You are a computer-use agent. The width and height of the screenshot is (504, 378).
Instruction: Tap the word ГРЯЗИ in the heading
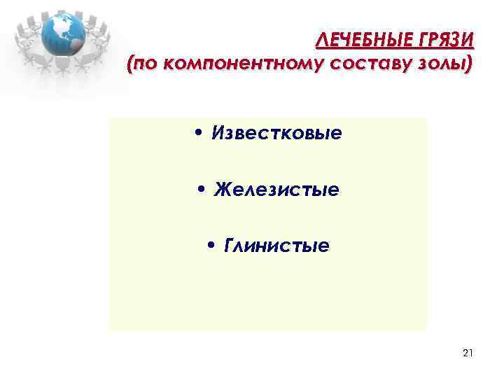(445, 39)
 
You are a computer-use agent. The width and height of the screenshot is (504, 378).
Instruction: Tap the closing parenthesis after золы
(469, 65)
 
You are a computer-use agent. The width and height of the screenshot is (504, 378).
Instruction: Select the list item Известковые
(277, 133)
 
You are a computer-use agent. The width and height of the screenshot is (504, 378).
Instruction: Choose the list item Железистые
(276, 190)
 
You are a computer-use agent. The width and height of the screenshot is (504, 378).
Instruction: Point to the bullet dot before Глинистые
(212, 247)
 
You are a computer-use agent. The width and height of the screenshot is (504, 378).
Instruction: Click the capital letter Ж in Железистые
(222, 190)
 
